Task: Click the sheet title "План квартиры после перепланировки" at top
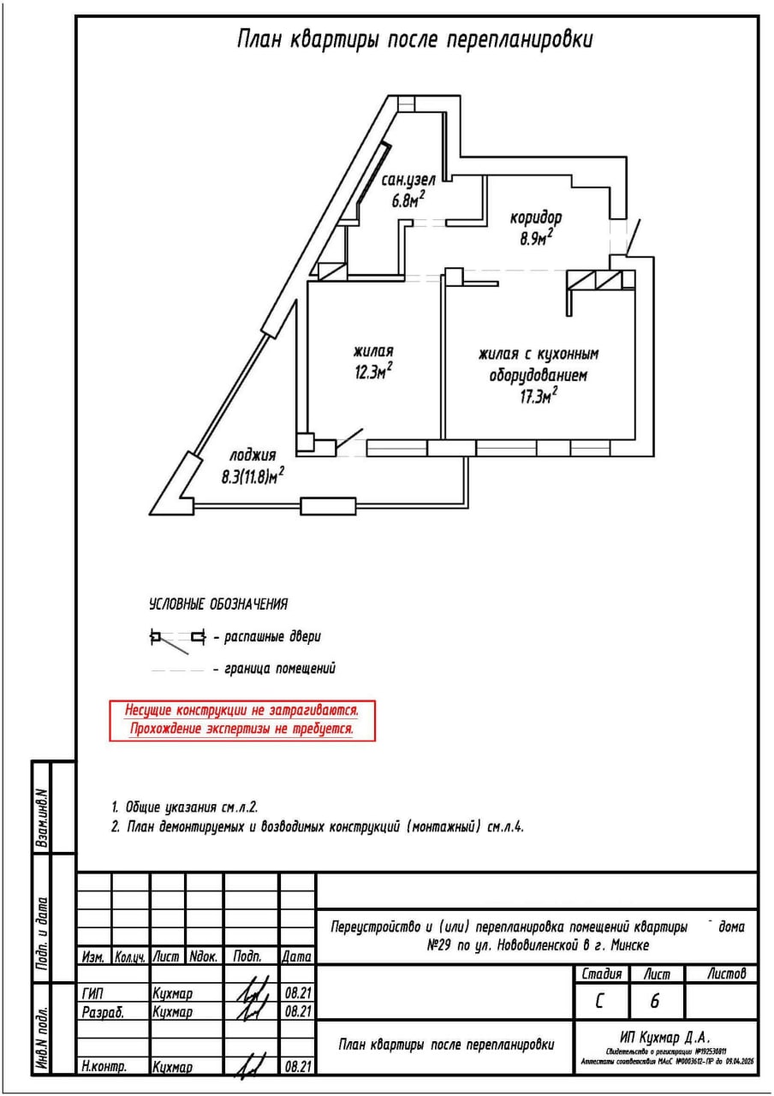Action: (414, 40)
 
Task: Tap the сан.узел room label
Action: (409, 181)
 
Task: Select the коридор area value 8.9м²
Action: (536, 237)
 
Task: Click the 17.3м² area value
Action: (539, 395)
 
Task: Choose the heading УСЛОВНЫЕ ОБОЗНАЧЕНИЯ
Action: (218, 605)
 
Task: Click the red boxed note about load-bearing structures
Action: (242, 720)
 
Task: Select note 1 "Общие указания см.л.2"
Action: (185, 807)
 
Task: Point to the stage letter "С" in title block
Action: (601, 1001)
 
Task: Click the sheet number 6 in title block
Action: (655, 1001)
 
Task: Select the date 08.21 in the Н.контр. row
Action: (297, 1067)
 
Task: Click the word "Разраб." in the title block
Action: (102, 1011)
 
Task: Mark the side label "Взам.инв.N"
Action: (40, 817)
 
